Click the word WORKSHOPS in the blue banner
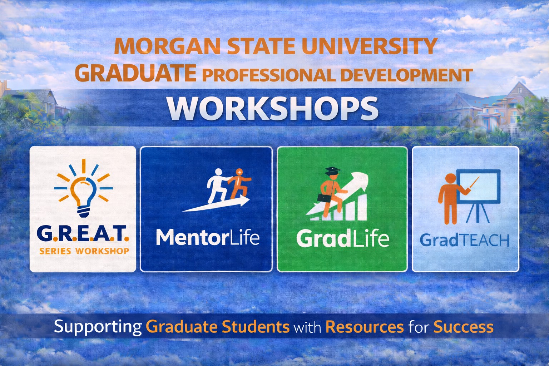pyautogui.click(x=273, y=108)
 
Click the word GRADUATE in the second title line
pyautogui.click(x=135, y=73)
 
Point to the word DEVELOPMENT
pyautogui.click(x=406, y=75)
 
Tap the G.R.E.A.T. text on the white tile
pyautogui.click(x=83, y=234)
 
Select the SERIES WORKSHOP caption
pyautogui.click(x=84, y=251)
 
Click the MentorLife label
pyautogui.click(x=208, y=237)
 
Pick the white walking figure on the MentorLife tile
pyautogui.click(x=218, y=186)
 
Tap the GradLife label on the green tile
pyautogui.click(x=343, y=238)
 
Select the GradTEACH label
pyautogui.click(x=465, y=240)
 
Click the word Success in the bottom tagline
pyautogui.click(x=464, y=327)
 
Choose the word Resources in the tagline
pyautogui.click(x=365, y=327)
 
